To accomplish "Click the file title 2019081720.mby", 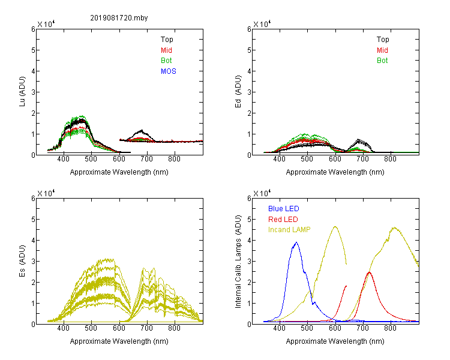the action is pyautogui.click(x=119, y=18).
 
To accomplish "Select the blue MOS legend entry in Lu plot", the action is pyautogui.click(x=169, y=71).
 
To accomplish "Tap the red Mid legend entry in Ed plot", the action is pyautogui.click(x=382, y=50).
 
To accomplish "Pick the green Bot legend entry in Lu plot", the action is pyautogui.click(x=166, y=61).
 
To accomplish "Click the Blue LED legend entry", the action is pyautogui.click(x=284, y=209).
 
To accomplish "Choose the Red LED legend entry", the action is pyautogui.click(x=283, y=220).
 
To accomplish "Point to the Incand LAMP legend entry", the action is pyautogui.click(x=289, y=230).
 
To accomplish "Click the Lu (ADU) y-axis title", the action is pyautogui.click(x=22, y=92).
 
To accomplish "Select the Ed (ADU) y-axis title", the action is pyautogui.click(x=238, y=92).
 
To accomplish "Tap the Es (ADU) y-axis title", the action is pyautogui.click(x=22, y=261).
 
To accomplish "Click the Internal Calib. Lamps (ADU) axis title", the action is pyautogui.click(x=238, y=262).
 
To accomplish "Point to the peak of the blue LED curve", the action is pyautogui.click(x=296, y=242).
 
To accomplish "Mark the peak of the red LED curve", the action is pyautogui.click(x=369, y=272).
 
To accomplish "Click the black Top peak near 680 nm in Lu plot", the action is pyautogui.click(x=142, y=130).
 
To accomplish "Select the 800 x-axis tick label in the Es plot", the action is pyautogui.click(x=174, y=328).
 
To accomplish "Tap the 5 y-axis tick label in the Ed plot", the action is pyautogui.click(x=249, y=50).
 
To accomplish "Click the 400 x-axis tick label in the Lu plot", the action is pyautogui.click(x=63, y=159).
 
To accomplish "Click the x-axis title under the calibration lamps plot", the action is pyautogui.click(x=335, y=341).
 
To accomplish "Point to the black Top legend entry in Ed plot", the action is pyautogui.click(x=383, y=40).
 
